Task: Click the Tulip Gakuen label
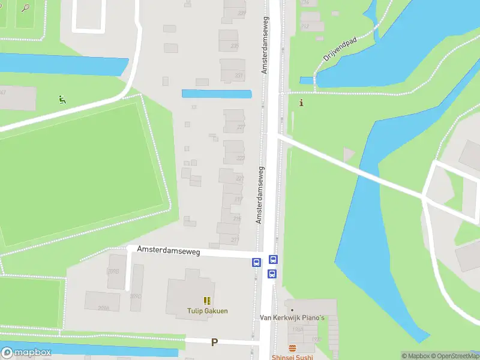(206, 311)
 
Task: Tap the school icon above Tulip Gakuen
(207, 301)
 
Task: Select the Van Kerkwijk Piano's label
(292, 317)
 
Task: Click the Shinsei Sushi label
(292, 357)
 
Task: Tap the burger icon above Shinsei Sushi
(292, 349)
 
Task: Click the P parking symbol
(214, 343)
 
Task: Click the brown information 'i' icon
(301, 103)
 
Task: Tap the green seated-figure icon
(61, 99)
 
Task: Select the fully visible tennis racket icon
(25, 8)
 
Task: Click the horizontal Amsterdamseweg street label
(168, 251)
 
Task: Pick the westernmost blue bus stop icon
(256, 262)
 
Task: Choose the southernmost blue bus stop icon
(272, 274)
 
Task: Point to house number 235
(235, 46)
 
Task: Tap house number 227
(241, 127)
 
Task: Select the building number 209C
(135, 296)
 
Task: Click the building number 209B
(113, 271)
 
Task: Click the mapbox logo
(26, 353)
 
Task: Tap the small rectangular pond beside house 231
(217, 94)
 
